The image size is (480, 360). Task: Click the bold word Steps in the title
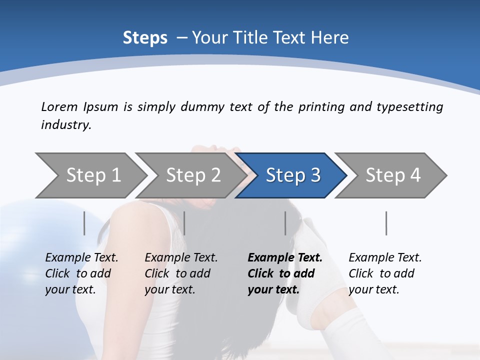(x=145, y=38)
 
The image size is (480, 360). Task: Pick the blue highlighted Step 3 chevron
(x=292, y=175)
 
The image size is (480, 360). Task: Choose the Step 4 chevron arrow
(x=392, y=175)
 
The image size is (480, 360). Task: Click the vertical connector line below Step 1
(x=84, y=223)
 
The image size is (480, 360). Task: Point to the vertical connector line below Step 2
(x=184, y=223)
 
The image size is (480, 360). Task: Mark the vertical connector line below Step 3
(x=285, y=223)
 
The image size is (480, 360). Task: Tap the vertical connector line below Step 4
(x=386, y=223)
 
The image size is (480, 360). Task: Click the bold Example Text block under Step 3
(x=285, y=273)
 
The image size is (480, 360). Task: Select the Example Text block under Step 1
(x=81, y=273)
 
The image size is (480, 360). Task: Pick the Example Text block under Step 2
(x=181, y=273)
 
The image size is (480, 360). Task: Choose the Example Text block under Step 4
(x=385, y=273)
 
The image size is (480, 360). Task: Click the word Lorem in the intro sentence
(x=59, y=107)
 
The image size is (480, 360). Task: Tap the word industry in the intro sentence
(x=65, y=125)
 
